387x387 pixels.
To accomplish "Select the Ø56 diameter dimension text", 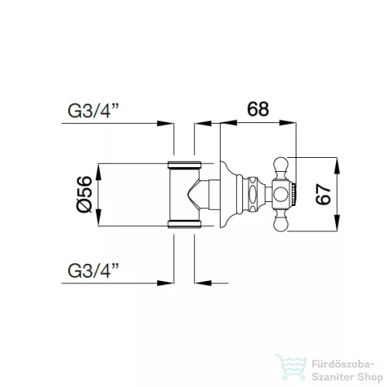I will (86, 195).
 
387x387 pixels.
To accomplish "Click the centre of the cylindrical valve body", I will (184, 194).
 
